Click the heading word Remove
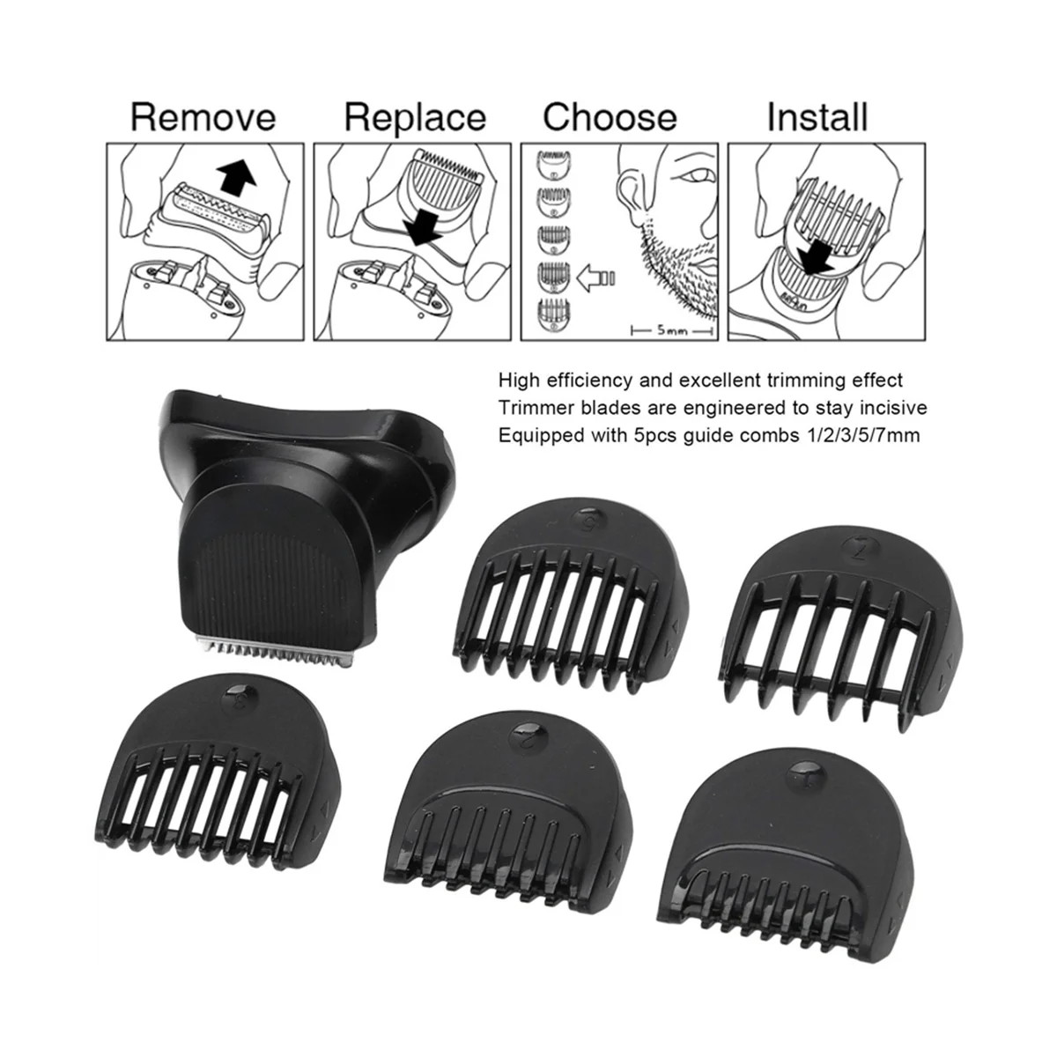(203, 118)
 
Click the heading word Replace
(415, 118)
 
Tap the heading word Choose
(610, 118)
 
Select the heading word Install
(817, 118)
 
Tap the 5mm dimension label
(672, 331)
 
